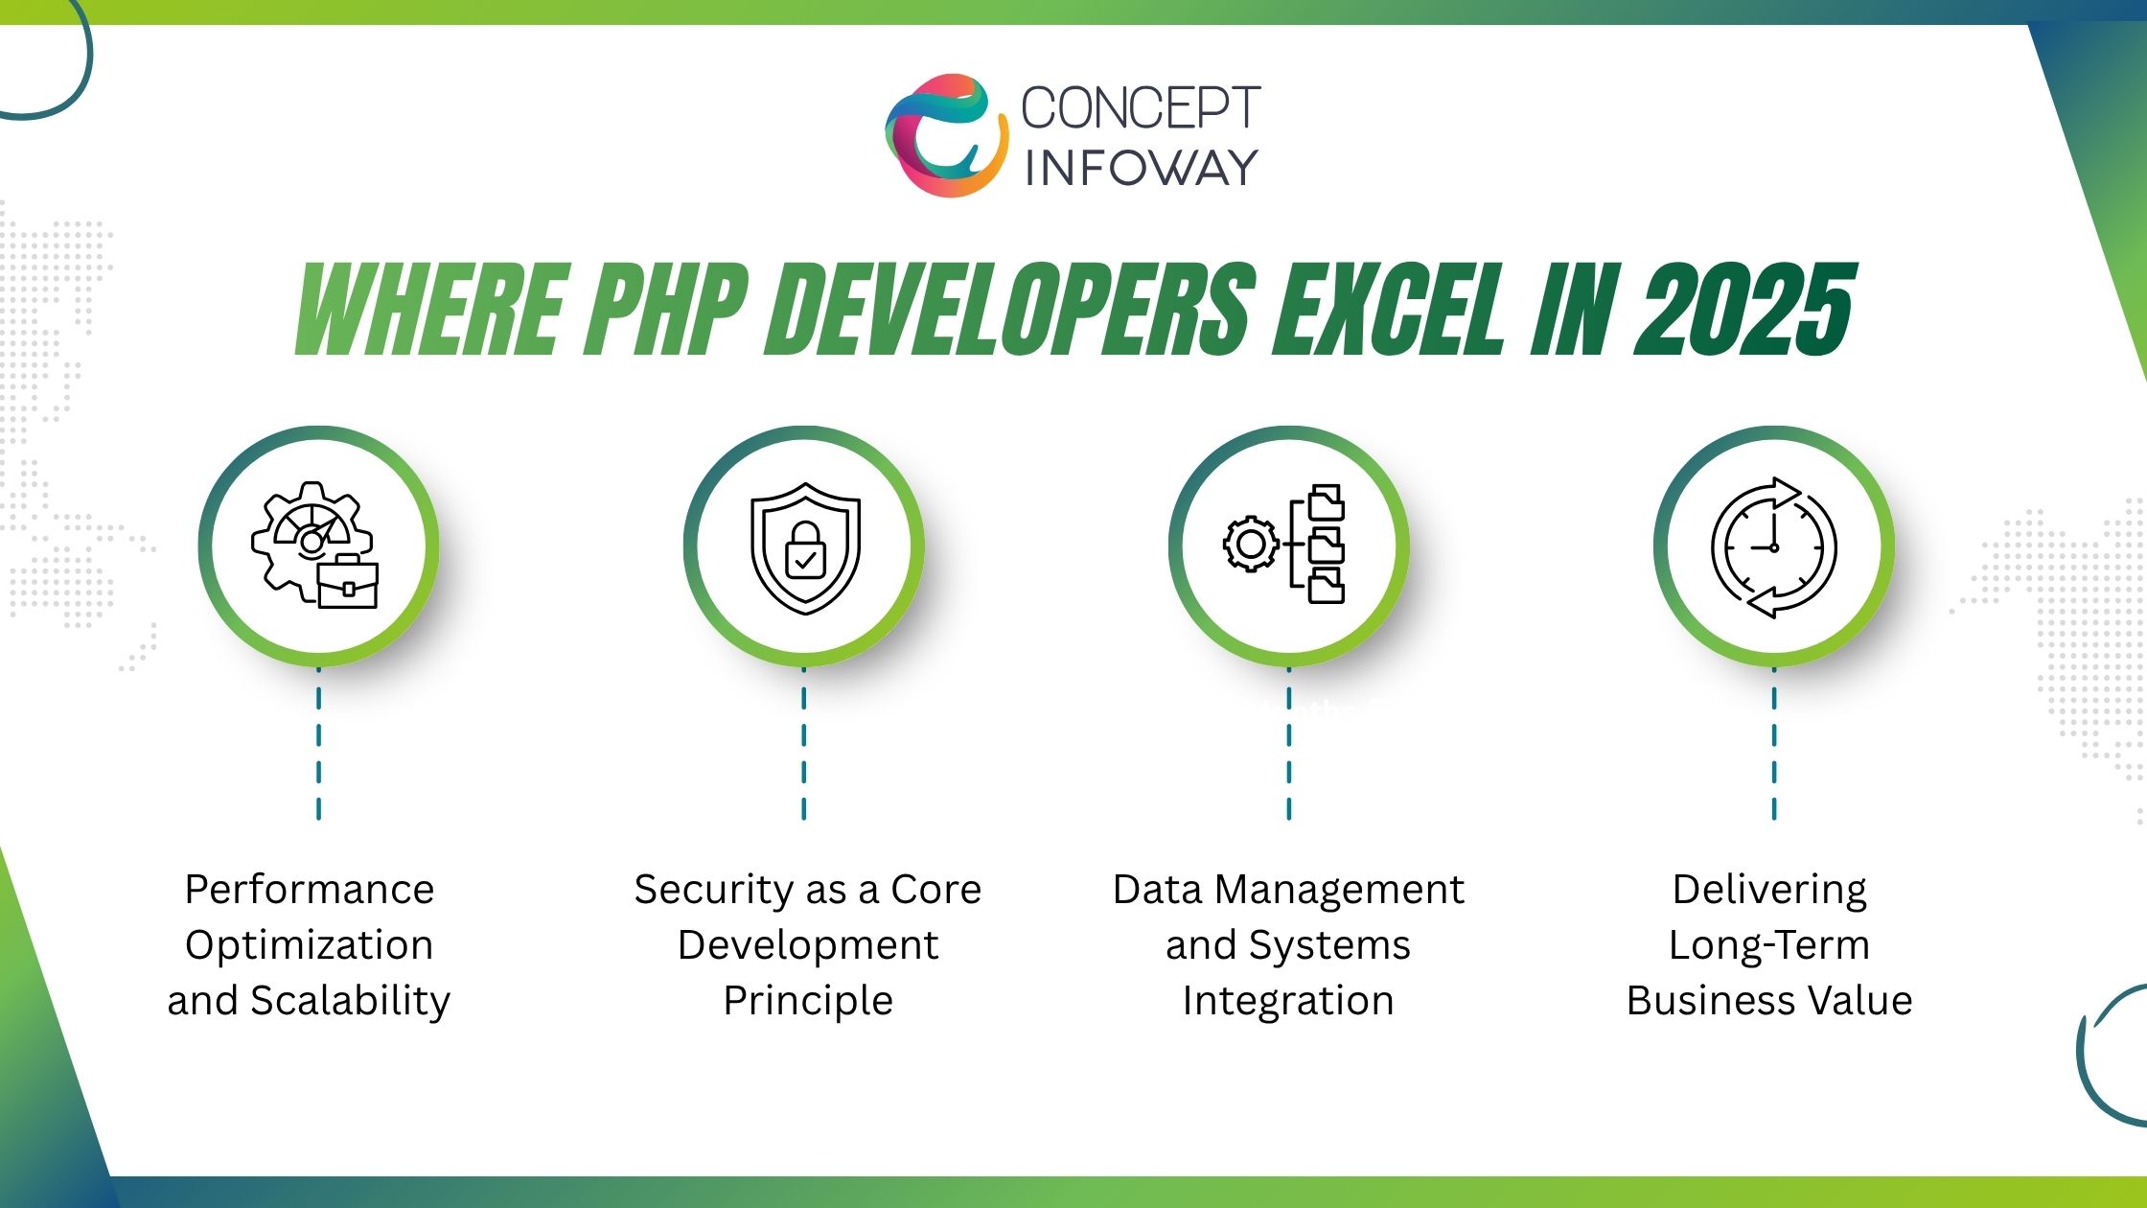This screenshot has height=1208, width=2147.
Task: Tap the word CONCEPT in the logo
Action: click(1141, 107)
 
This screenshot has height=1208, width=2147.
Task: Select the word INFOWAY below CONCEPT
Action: click(1141, 168)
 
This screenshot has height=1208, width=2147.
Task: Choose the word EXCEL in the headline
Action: click(1390, 310)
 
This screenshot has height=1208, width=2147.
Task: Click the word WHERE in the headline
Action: click(427, 310)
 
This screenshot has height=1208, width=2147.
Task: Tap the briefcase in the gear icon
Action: click(347, 583)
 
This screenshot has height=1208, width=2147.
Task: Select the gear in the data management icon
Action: click(1250, 545)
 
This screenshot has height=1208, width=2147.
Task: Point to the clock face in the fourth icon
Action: click(1773, 547)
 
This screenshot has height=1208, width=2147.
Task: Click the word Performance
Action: click(310, 890)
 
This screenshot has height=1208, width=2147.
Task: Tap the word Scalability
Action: click(350, 1001)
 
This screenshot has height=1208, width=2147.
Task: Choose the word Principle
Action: click(808, 1001)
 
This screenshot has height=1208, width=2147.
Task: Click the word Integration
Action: click(1288, 1001)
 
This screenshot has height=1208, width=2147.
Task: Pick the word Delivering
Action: click(1769, 890)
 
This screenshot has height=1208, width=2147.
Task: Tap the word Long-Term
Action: click(1769, 945)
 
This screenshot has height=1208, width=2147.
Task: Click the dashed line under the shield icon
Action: click(803, 744)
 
